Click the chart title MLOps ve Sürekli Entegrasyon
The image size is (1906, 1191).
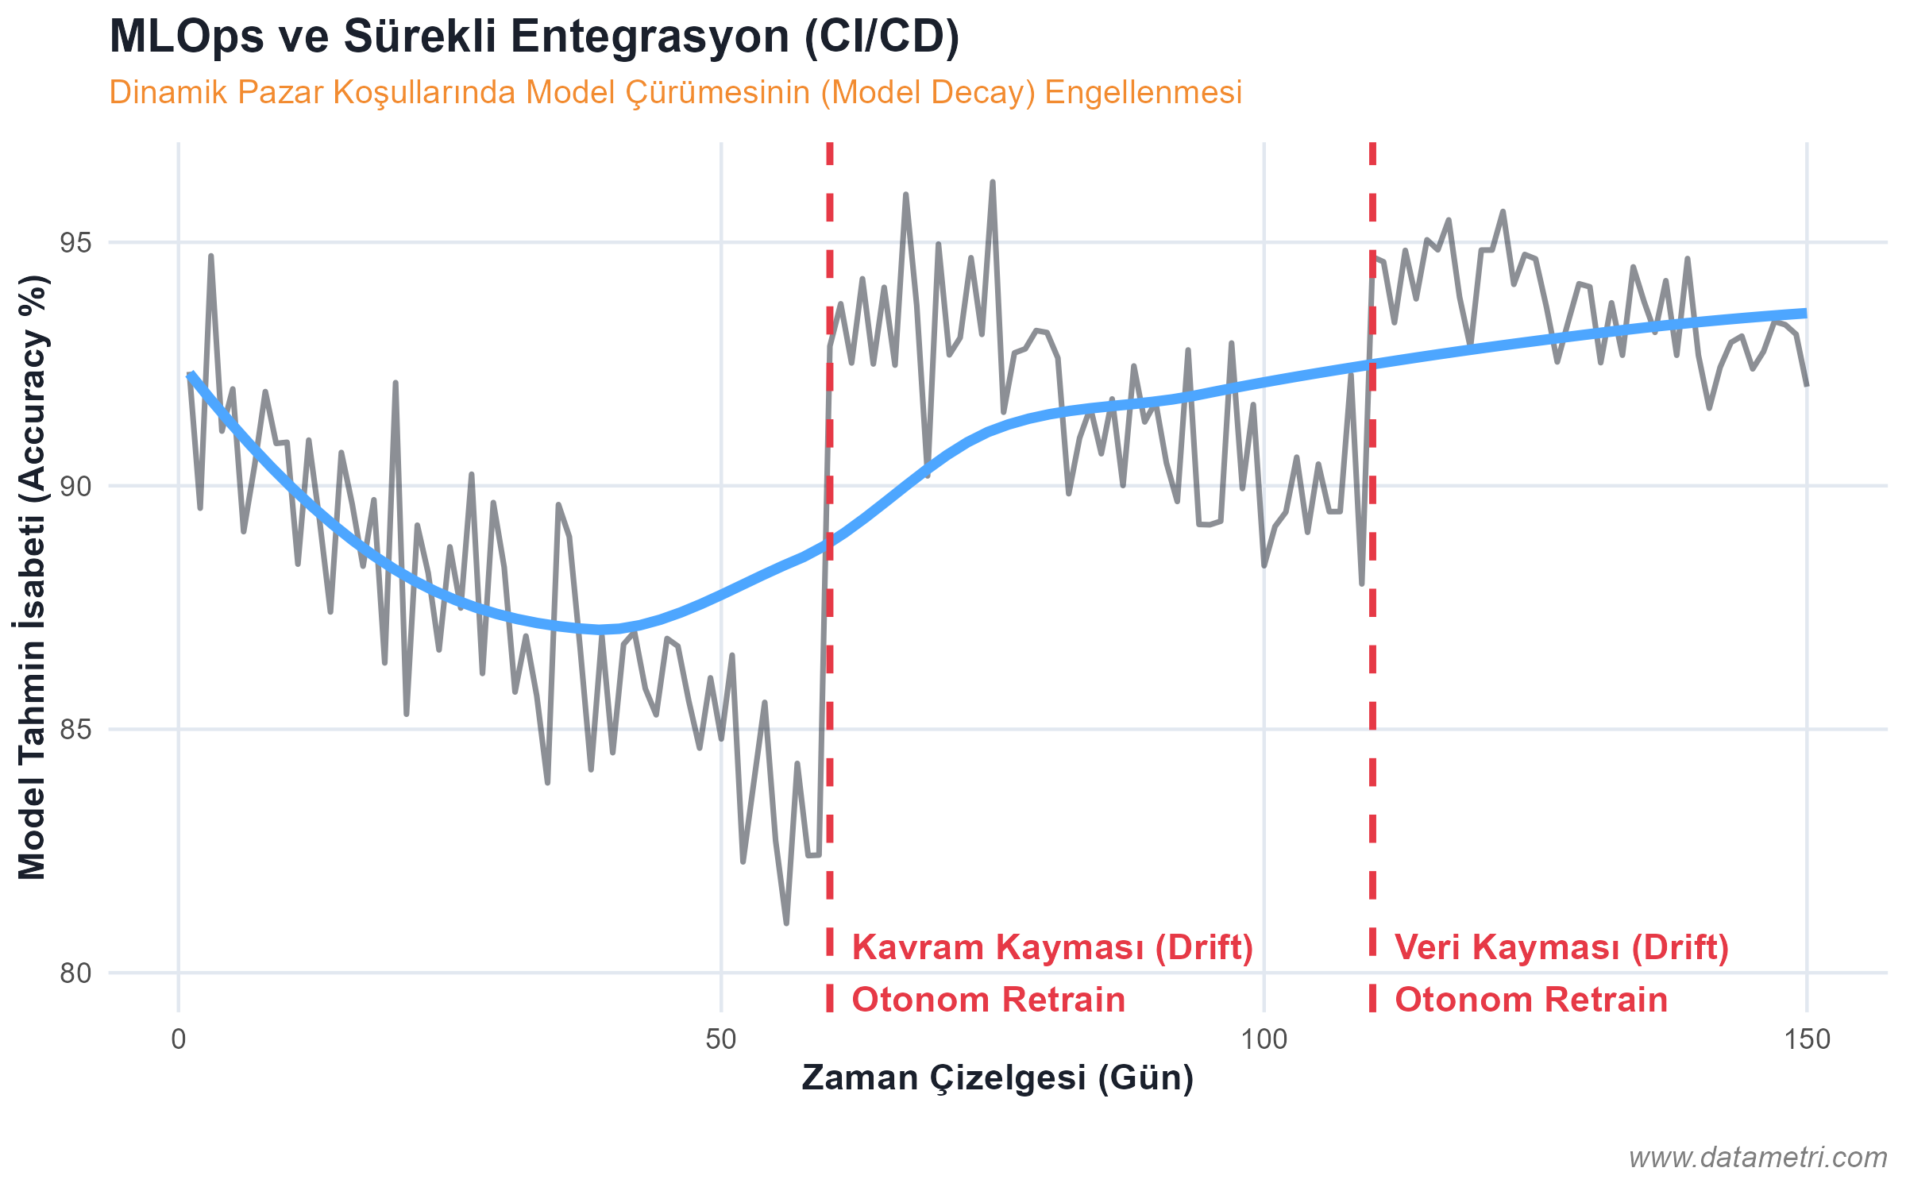[534, 37]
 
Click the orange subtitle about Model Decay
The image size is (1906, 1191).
[675, 93]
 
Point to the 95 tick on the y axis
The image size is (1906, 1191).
[76, 243]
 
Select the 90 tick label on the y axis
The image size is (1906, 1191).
[76, 486]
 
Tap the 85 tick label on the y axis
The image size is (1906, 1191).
[76, 729]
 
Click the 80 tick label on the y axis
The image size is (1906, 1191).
[76, 973]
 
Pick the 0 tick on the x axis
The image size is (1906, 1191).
[179, 1039]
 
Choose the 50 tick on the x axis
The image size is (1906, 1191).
[721, 1039]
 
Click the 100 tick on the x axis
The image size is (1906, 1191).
[1264, 1039]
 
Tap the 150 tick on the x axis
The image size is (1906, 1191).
[1807, 1039]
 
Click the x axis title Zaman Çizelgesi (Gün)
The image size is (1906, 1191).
[997, 1078]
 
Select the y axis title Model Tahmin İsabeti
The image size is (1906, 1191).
[33, 578]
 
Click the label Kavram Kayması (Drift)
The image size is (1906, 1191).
[1052, 947]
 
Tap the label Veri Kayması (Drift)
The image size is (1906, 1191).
[1561, 947]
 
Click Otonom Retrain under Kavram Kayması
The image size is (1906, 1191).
[989, 1000]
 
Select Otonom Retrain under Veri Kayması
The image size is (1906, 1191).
[1531, 1000]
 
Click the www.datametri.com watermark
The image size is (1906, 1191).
[1757, 1157]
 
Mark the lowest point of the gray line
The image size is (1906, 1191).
[786, 923]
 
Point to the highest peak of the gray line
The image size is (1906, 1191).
[993, 182]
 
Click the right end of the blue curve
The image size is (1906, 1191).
[1806, 313]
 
